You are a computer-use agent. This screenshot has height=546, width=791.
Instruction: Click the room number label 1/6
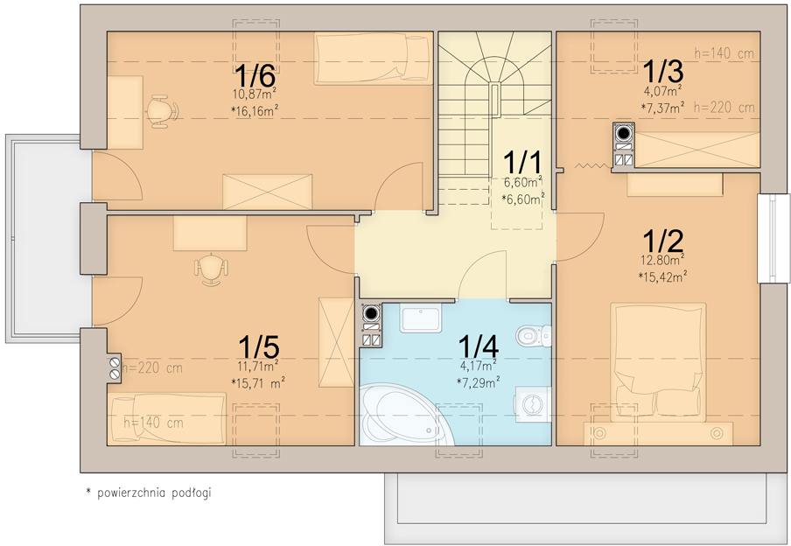point(255,75)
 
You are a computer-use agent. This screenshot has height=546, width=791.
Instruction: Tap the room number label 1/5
point(259,347)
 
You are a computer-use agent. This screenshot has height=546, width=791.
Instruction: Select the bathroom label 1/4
point(479,346)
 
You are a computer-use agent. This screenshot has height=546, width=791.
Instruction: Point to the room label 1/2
point(663,241)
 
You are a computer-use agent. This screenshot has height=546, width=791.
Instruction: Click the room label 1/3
point(663,71)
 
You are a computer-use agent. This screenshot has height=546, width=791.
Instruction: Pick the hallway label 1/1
point(522,163)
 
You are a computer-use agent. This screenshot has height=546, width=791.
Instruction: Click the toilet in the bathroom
point(533,335)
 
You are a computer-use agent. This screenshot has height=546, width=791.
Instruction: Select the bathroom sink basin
point(421,318)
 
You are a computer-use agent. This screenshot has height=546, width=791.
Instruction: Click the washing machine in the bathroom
point(532,403)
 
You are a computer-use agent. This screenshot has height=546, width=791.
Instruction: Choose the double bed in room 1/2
point(658,362)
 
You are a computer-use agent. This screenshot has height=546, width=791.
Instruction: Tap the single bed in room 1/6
point(374,58)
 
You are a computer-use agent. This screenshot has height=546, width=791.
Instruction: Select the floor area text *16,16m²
point(255,111)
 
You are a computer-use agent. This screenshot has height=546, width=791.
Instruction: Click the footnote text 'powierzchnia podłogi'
point(154,493)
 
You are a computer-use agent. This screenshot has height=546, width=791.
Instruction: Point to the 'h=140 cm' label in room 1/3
point(724,53)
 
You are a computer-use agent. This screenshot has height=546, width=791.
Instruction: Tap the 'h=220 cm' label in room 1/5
point(152,367)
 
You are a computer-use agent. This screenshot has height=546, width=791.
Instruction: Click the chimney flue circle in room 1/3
point(624,133)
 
